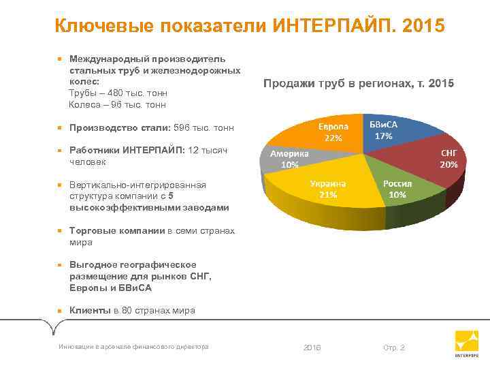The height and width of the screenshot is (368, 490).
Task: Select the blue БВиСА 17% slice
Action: [395, 129]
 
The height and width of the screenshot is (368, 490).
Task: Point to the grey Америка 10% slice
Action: [289, 159]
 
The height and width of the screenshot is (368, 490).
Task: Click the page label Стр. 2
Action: [394, 348]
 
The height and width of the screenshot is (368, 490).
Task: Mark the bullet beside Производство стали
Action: [60, 127]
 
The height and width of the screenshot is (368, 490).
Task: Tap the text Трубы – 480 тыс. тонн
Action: [118, 93]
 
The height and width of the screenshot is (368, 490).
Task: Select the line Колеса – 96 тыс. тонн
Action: [117, 104]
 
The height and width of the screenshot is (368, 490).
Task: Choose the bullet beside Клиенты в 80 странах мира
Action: [60, 311]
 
